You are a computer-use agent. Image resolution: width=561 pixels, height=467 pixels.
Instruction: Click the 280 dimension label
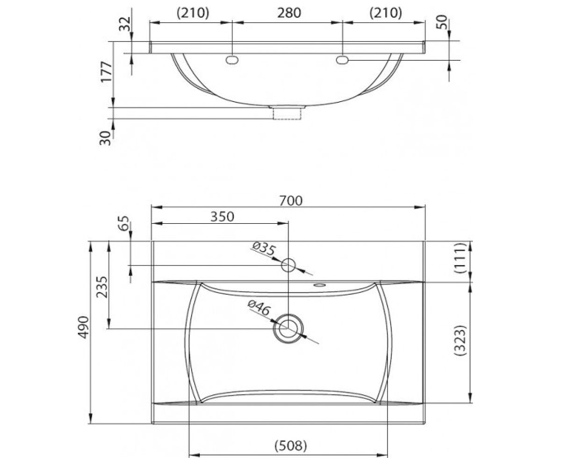pyautogui.click(x=289, y=13)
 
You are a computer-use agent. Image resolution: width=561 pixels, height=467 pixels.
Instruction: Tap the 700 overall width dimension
pyautogui.click(x=291, y=201)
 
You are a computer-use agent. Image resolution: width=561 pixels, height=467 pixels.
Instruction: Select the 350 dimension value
pyautogui.click(x=222, y=217)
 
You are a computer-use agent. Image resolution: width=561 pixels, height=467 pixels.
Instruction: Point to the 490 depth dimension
pyautogui.click(x=84, y=327)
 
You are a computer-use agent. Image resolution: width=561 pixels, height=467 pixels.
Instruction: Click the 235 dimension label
pyautogui.click(x=103, y=287)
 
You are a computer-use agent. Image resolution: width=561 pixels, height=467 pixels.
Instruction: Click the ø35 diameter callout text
pyautogui.click(x=264, y=248)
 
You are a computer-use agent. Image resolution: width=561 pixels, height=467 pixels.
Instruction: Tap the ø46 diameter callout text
pyautogui.click(x=259, y=308)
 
